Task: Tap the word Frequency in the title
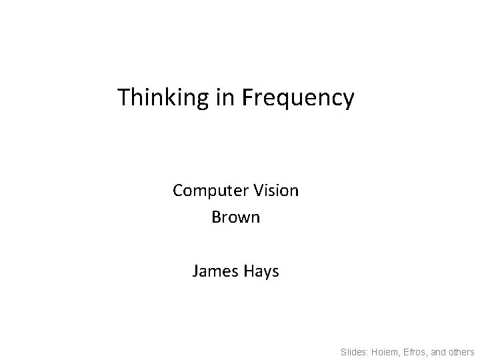[297, 99]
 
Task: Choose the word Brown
[235, 217]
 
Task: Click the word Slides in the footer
[354, 351]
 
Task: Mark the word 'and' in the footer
[442, 351]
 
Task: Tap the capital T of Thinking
[123, 98]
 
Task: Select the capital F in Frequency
[247, 98]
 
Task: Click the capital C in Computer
[178, 191]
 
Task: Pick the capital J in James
[195, 271]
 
